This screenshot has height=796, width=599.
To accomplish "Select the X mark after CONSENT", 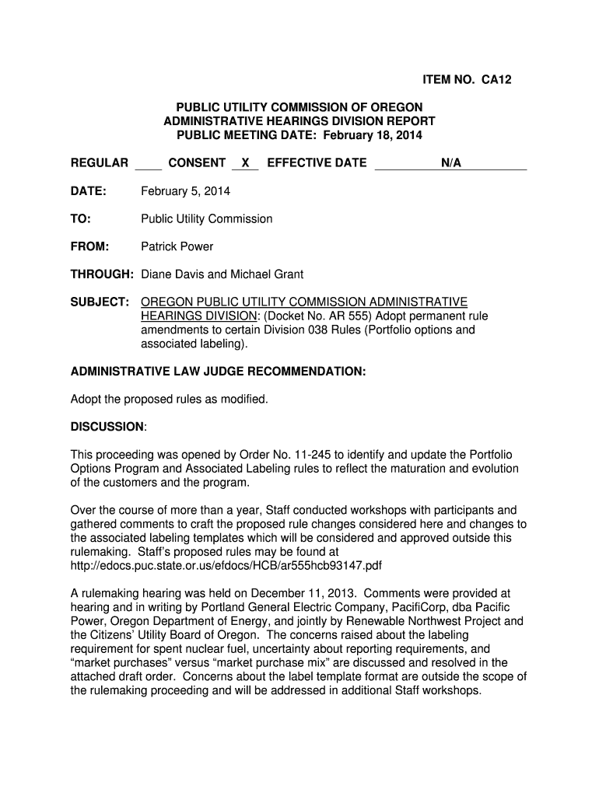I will [x=245, y=162].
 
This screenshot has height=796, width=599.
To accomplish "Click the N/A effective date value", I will [x=451, y=162].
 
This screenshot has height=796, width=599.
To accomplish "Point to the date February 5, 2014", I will [x=185, y=190].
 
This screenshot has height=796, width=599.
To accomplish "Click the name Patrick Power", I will [x=177, y=246].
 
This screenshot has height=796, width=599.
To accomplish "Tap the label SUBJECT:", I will [x=100, y=302].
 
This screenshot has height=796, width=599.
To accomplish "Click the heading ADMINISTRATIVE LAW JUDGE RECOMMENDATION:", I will [x=218, y=372].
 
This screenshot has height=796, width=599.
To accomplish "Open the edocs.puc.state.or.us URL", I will [x=226, y=565].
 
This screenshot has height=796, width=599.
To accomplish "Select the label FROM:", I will [x=89, y=246].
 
